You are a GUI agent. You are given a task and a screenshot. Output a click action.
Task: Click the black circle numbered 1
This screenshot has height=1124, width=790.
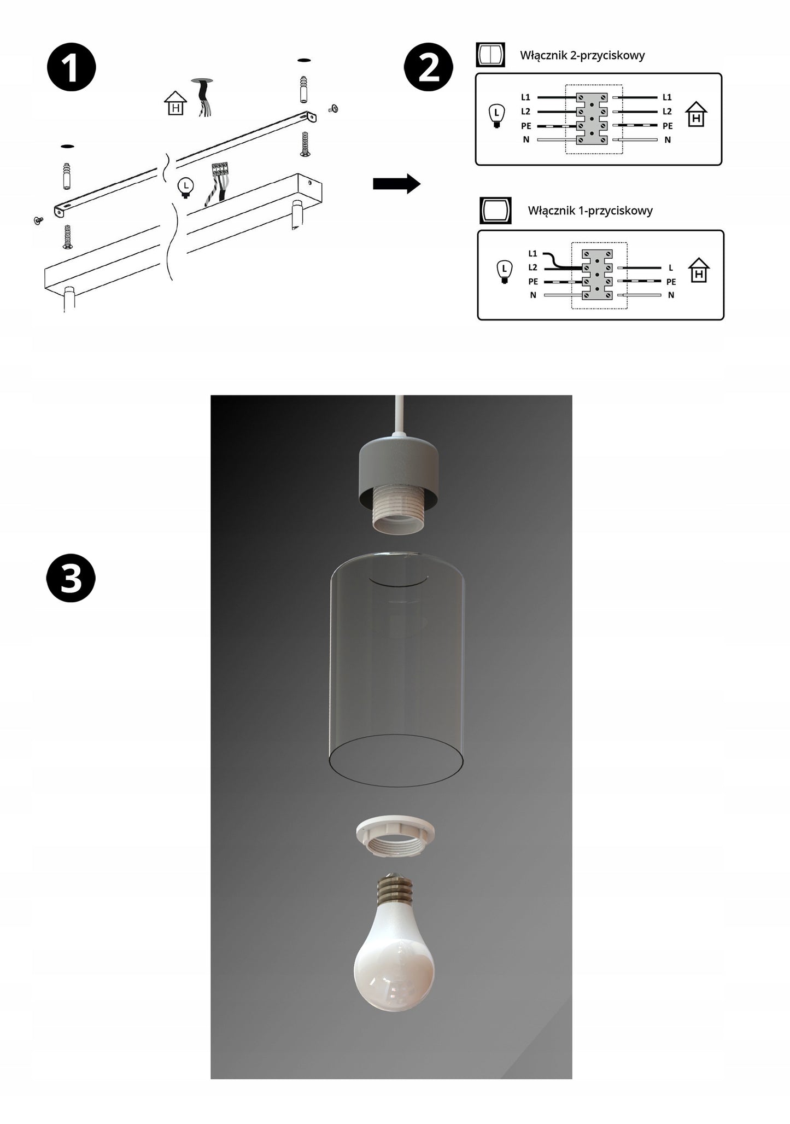coord(72,68)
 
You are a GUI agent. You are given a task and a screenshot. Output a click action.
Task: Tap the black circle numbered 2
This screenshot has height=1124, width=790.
coord(429,68)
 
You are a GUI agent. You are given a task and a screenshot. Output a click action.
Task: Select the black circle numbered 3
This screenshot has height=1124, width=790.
coord(71,579)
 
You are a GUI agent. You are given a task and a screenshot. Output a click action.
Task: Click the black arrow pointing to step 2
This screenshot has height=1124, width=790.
coord(396,184)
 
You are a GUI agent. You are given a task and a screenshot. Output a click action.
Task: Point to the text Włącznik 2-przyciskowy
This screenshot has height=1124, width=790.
coord(582,55)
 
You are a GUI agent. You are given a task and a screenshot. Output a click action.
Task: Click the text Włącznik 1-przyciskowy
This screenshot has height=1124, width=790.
coord(590,211)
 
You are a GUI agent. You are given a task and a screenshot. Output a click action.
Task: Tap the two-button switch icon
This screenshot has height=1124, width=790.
coord(490,55)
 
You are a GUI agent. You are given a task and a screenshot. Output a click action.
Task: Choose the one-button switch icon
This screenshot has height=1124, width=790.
coord(495,211)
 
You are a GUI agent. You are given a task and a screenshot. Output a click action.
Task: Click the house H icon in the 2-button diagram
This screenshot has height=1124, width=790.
coord(696,115)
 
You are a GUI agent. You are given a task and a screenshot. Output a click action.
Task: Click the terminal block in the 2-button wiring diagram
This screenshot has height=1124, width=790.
coord(593,118)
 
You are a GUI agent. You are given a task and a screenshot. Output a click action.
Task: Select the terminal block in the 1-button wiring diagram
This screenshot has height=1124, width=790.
coord(597,275)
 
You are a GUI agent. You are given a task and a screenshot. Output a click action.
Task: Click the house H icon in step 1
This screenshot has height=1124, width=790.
coord(175,104)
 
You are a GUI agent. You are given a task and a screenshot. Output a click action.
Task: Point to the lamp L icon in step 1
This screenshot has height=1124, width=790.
coord(186,187)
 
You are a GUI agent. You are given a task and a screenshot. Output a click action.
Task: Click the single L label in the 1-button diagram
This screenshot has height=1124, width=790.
coord(671,268)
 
